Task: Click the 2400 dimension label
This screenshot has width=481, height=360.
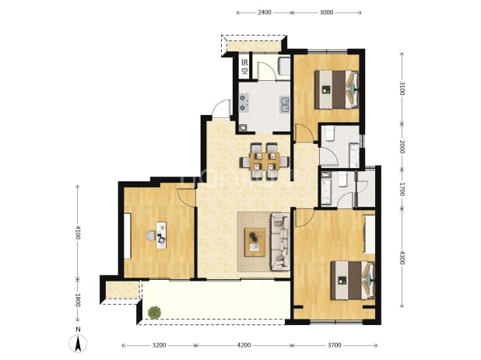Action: tap(265, 12)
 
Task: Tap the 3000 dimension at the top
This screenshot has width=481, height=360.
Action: tap(326, 12)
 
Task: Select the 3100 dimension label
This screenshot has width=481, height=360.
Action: tap(402, 88)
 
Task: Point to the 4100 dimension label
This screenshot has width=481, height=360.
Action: tap(77, 232)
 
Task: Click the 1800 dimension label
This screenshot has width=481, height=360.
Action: tap(77, 300)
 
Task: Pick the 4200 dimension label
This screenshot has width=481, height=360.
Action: tap(244, 345)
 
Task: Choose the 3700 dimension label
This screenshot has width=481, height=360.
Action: tap(334, 345)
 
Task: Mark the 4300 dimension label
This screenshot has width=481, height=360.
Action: tap(402, 258)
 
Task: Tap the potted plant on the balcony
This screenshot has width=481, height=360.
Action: tap(154, 313)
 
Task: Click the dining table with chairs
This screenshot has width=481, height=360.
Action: tap(265, 161)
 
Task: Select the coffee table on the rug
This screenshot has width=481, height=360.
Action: tap(255, 242)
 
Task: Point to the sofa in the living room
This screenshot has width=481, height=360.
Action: tap(280, 242)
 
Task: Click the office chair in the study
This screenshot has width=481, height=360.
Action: tap(151, 236)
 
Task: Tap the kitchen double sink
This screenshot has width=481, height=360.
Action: tap(285, 104)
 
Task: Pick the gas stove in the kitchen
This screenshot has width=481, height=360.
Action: tap(244, 103)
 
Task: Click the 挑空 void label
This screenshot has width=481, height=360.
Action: tap(244, 67)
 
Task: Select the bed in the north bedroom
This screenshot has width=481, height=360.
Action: tap(336, 89)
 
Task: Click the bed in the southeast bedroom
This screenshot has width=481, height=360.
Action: tap(353, 280)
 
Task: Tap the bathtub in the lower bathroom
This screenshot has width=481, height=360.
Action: tap(326, 188)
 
